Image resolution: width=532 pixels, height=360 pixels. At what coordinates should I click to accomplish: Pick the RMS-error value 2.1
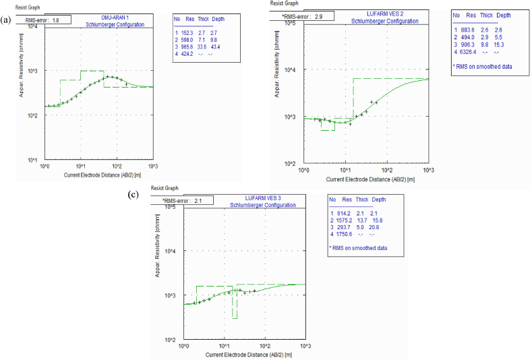coord(198,200)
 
